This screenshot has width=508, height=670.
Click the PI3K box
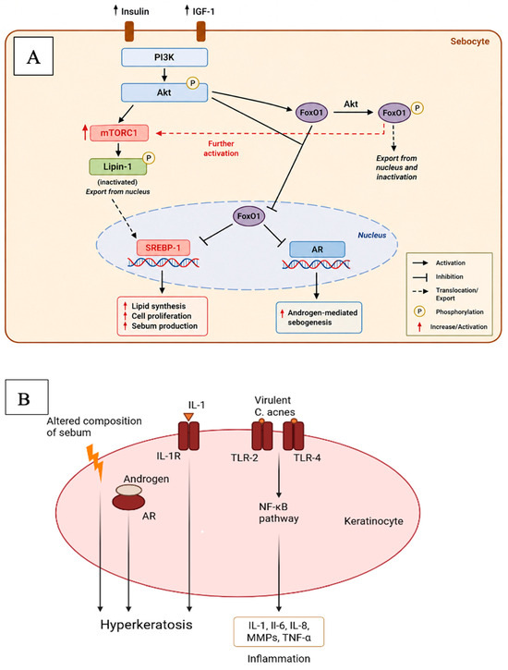[x=164, y=57]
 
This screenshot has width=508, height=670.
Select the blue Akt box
[x=164, y=92]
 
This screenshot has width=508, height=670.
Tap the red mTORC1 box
[x=119, y=133]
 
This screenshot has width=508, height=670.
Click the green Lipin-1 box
[x=118, y=166]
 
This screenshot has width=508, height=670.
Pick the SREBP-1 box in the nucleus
[x=163, y=248]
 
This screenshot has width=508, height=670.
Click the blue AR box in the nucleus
[x=317, y=250]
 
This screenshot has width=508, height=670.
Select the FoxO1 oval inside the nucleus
[x=248, y=216]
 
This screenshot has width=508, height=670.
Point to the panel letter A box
[x=33, y=56]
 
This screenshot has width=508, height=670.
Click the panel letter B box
[x=27, y=397]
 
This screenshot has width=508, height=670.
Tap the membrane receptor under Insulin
[x=129, y=31]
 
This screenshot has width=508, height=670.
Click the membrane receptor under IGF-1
[x=200, y=31]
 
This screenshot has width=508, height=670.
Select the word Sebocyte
[x=470, y=42]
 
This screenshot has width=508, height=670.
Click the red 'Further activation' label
[x=221, y=149]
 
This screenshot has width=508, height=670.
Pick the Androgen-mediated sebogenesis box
[x=319, y=318]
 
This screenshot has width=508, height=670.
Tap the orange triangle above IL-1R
[x=188, y=417]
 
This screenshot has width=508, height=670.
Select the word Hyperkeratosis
[x=147, y=625]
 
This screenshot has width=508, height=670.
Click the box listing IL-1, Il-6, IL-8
[x=279, y=631]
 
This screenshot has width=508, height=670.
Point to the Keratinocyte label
[x=373, y=521]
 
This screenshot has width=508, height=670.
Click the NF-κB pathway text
[x=279, y=513]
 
